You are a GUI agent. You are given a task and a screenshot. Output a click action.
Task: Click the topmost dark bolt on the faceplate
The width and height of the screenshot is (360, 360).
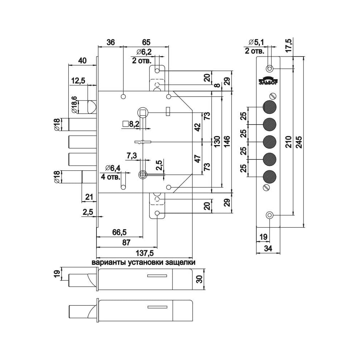click(x=269, y=107)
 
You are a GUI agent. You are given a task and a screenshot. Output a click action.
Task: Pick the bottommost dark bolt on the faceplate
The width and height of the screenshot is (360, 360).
click(x=269, y=176)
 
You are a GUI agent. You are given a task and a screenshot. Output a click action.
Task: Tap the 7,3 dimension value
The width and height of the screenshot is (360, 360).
click(x=132, y=156)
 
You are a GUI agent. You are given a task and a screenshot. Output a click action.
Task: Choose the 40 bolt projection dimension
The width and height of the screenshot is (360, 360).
click(x=82, y=60)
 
